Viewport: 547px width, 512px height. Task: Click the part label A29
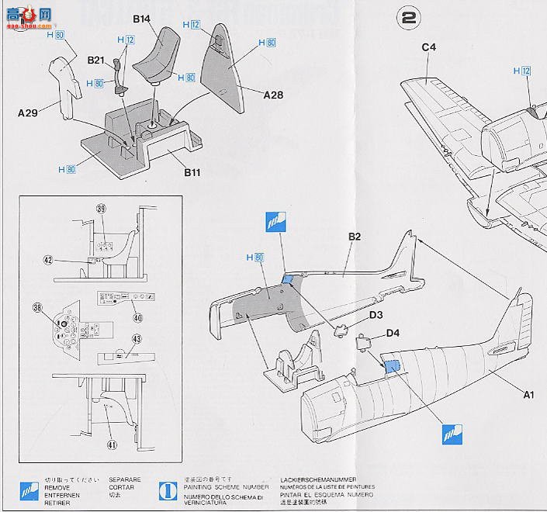(x=28, y=112)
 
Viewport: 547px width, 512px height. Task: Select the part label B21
(x=96, y=60)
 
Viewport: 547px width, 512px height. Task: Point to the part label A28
(x=273, y=95)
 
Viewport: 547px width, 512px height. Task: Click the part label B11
(x=192, y=172)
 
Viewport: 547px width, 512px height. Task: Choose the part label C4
(x=429, y=47)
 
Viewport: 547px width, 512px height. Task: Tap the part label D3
(x=377, y=315)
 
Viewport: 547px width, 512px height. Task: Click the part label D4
(x=393, y=334)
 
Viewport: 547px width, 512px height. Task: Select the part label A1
(x=528, y=395)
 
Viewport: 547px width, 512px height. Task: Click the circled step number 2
(x=407, y=16)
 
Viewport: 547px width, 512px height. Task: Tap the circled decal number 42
(x=48, y=261)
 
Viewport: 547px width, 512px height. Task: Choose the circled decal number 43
(x=136, y=339)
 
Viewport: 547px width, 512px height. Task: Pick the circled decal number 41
(x=112, y=445)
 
